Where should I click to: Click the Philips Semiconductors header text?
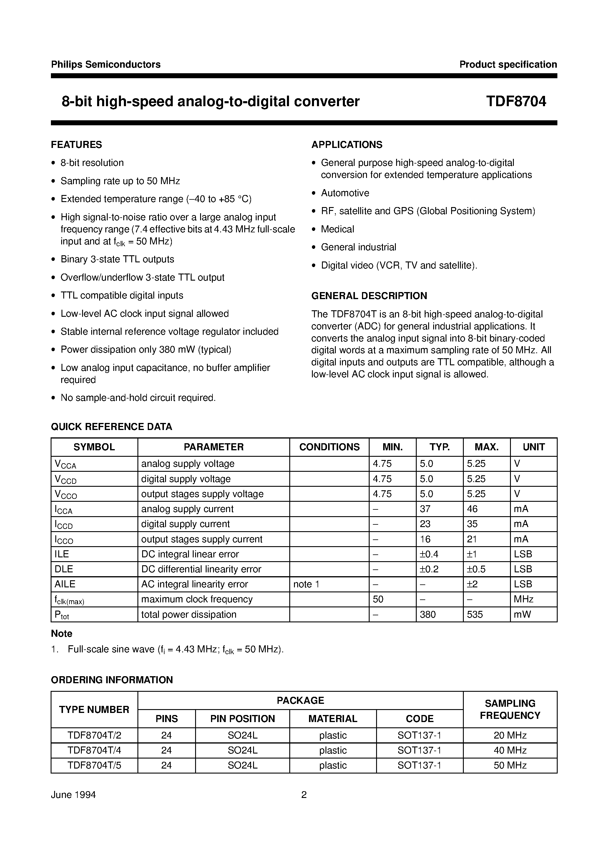(x=106, y=64)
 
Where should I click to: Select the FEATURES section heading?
(x=77, y=145)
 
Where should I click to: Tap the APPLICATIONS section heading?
(x=347, y=145)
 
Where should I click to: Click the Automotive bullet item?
(x=345, y=193)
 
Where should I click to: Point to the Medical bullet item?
(x=337, y=229)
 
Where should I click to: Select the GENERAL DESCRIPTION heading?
(x=369, y=296)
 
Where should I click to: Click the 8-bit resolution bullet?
(x=92, y=163)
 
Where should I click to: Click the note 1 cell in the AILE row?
(x=306, y=584)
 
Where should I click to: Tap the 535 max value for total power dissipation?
(x=475, y=614)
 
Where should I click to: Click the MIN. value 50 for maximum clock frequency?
(x=378, y=599)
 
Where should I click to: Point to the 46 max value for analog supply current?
(x=472, y=509)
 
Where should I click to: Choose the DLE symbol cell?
(x=64, y=569)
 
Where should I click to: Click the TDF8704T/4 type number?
(x=94, y=750)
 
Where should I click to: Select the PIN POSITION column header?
(x=242, y=719)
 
